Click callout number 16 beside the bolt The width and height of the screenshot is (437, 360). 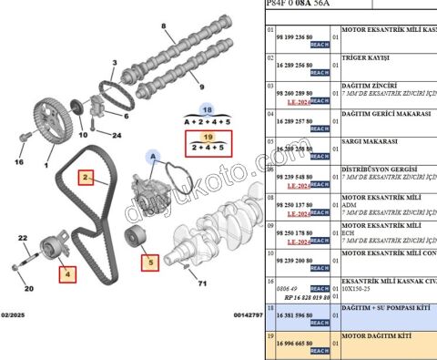tap(18, 162)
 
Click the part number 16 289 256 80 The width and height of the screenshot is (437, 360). tap(300, 67)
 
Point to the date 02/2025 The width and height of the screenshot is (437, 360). tap(16, 314)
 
